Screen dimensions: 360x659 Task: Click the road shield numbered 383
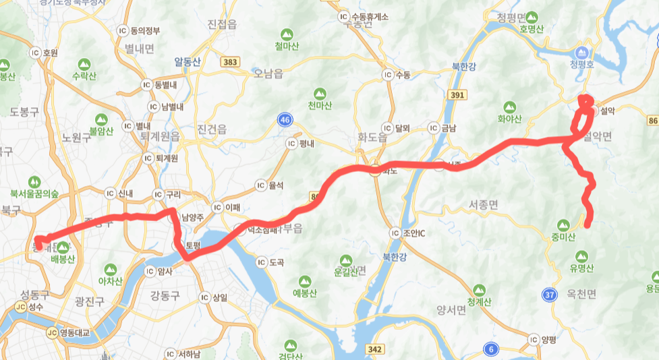point(230,62)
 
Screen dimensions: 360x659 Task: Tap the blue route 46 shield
point(286,120)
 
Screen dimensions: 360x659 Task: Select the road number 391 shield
point(457,95)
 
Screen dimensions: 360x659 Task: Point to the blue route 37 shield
point(549,294)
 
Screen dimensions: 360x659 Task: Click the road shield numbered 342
point(375,349)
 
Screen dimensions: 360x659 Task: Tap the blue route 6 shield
point(492,348)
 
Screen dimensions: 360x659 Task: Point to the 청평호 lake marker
point(581,52)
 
